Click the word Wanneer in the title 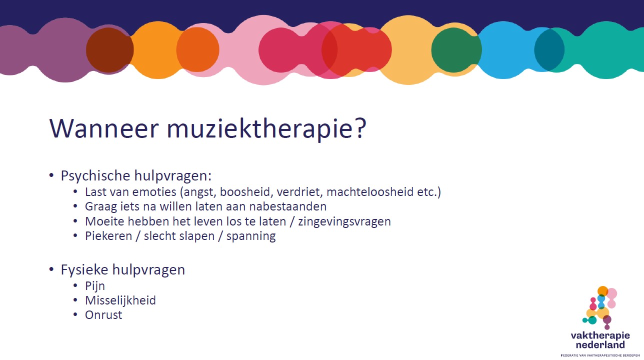[104, 128]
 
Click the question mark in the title [360, 127]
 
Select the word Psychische [95, 175]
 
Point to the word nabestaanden [288, 206]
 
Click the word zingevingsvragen [344, 221]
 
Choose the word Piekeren [108, 236]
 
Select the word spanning [251, 236]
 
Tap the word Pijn [95, 286]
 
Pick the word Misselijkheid [120, 300]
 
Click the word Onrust [103, 315]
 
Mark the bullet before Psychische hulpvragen [51, 175]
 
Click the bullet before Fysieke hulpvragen [51, 269]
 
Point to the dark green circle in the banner [456, 50]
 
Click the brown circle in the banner [110, 50]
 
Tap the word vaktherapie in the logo [600, 335]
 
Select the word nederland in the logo [600, 345]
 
